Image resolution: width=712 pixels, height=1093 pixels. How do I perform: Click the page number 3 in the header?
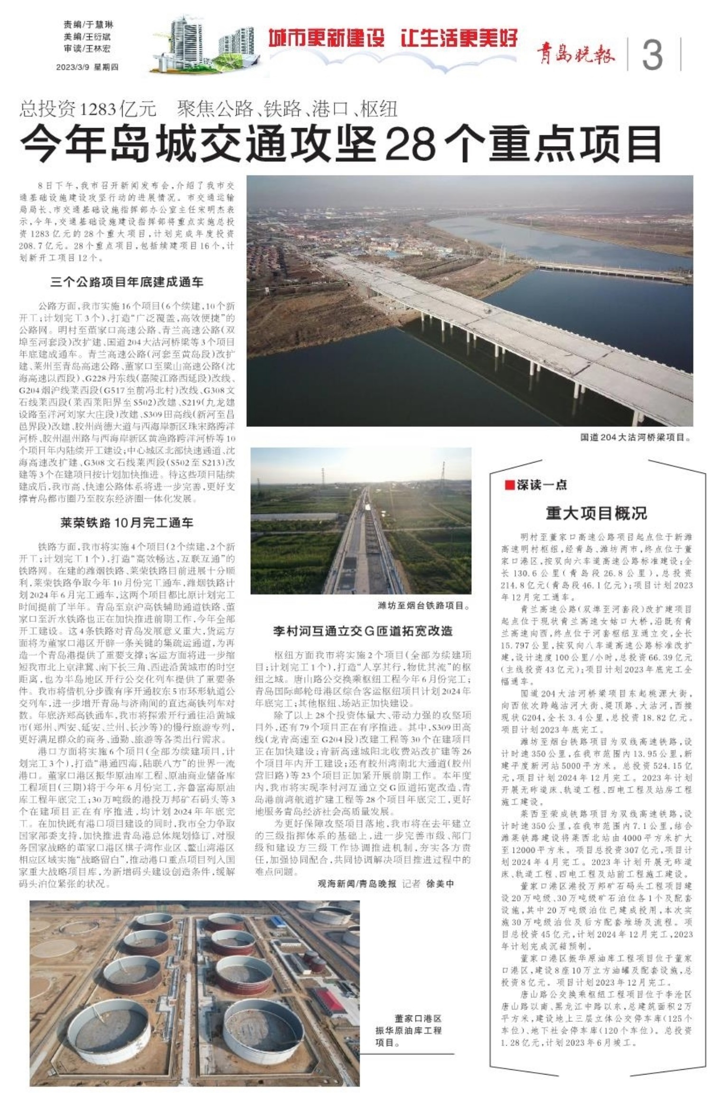coord(652,55)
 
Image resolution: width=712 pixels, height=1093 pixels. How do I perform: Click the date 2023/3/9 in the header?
coord(72,67)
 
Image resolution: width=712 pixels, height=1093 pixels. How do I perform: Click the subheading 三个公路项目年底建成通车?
coord(127,282)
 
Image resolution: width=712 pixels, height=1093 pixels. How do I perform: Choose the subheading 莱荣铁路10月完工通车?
coord(127,523)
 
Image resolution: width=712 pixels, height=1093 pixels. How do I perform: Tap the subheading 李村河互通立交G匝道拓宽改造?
coord(363,631)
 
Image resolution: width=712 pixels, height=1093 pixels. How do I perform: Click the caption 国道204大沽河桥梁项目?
coord(635,437)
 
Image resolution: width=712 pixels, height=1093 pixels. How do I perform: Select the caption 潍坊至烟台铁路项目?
coord(423,606)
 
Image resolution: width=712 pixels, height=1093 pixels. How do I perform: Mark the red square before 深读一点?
coord(509,485)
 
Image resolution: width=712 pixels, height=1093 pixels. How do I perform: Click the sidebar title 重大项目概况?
coord(596,513)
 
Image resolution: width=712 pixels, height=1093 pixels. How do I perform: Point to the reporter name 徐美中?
coord(440,883)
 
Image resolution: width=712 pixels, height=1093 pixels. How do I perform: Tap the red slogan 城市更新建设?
coord(327,38)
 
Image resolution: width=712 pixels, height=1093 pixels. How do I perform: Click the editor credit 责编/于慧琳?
coord(88,25)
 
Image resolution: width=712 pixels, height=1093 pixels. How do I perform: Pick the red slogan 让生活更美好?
coord(459,38)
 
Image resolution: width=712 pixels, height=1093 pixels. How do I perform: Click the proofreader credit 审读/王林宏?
coord(88,48)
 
